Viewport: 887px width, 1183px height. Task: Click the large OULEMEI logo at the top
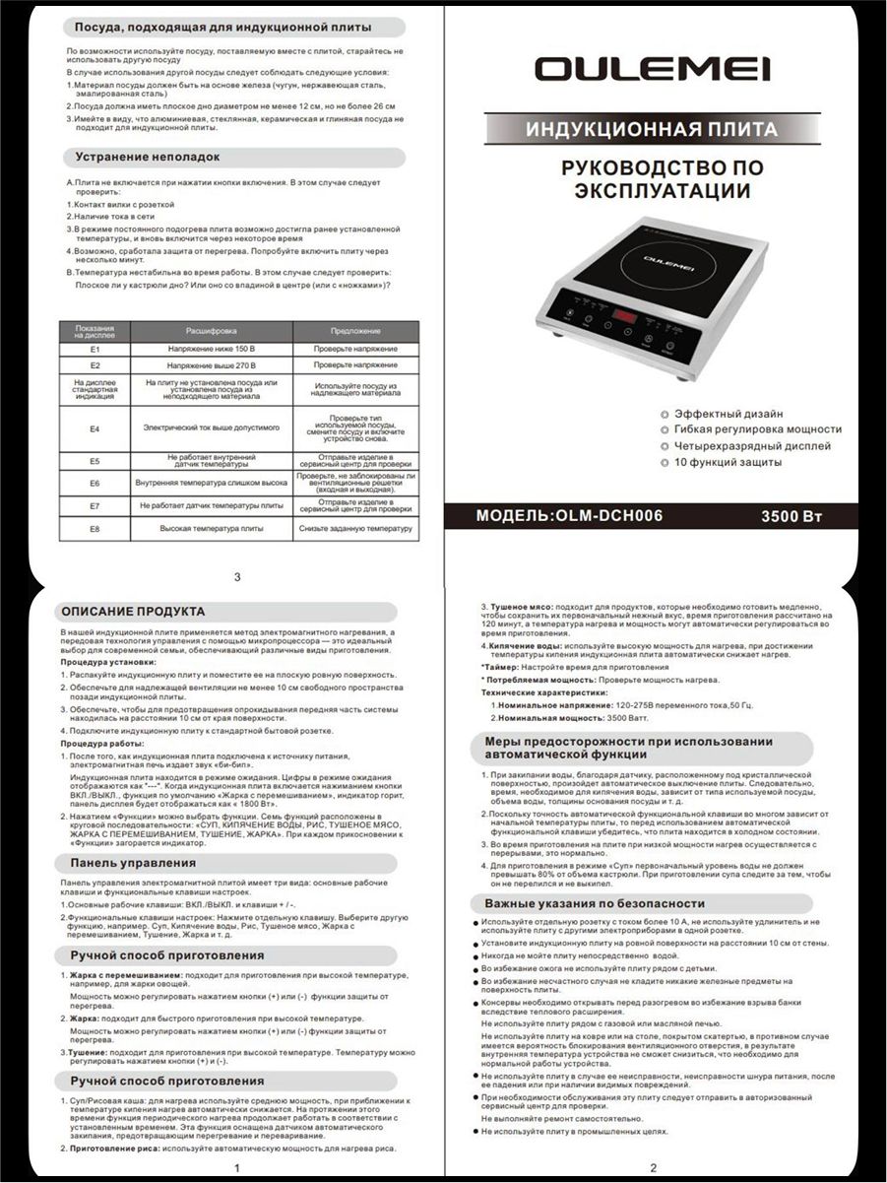click(x=652, y=69)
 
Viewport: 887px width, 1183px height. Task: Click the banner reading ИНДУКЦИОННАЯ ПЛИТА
click(x=651, y=129)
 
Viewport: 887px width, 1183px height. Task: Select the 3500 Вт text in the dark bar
click(x=792, y=516)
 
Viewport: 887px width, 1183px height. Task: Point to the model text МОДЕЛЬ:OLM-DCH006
click(x=569, y=516)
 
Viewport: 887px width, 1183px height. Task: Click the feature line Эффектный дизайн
click(x=729, y=414)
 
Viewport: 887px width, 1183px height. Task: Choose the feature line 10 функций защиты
click(x=728, y=462)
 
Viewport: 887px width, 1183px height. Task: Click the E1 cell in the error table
click(x=95, y=350)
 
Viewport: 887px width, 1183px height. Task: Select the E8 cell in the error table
click(x=95, y=529)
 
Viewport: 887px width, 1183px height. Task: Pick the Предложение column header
click(x=355, y=331)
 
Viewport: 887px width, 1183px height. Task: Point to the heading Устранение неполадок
click(x=148, y=157)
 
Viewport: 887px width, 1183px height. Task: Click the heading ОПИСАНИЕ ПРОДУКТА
click(x=133, y=611)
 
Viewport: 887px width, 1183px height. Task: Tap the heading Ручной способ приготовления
click(x=167, y=955)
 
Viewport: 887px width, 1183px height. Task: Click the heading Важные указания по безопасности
click(x=595, y=903)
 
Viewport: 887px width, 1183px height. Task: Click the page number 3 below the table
click(x=236, y=576)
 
